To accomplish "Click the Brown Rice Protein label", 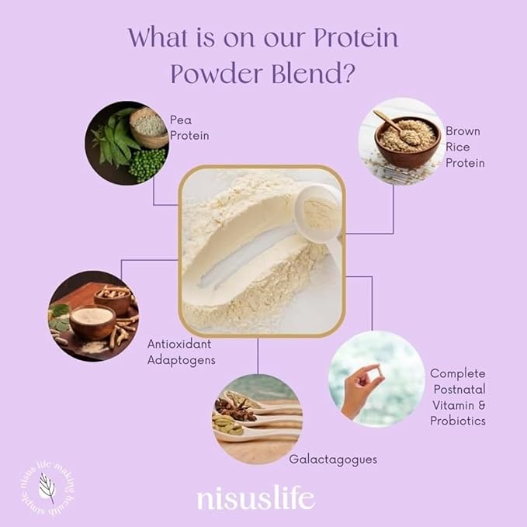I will pyautogui.click(x=465, y=147).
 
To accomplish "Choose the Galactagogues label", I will pyautogui.click(x=333, y=459).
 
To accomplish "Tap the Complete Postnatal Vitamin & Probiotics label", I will pyautogui.click(x=458, y=397).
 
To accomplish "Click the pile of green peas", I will pyautogui.click(x=147, y=165).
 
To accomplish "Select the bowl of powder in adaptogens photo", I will pyautogui.click(x=92, y=318).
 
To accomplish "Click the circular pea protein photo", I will pyautogui.click(x=127, y=143).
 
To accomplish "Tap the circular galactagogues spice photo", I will pyautogui.click(x=257, y=419).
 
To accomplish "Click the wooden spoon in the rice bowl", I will pyautogui.click(x=388, y=120).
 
